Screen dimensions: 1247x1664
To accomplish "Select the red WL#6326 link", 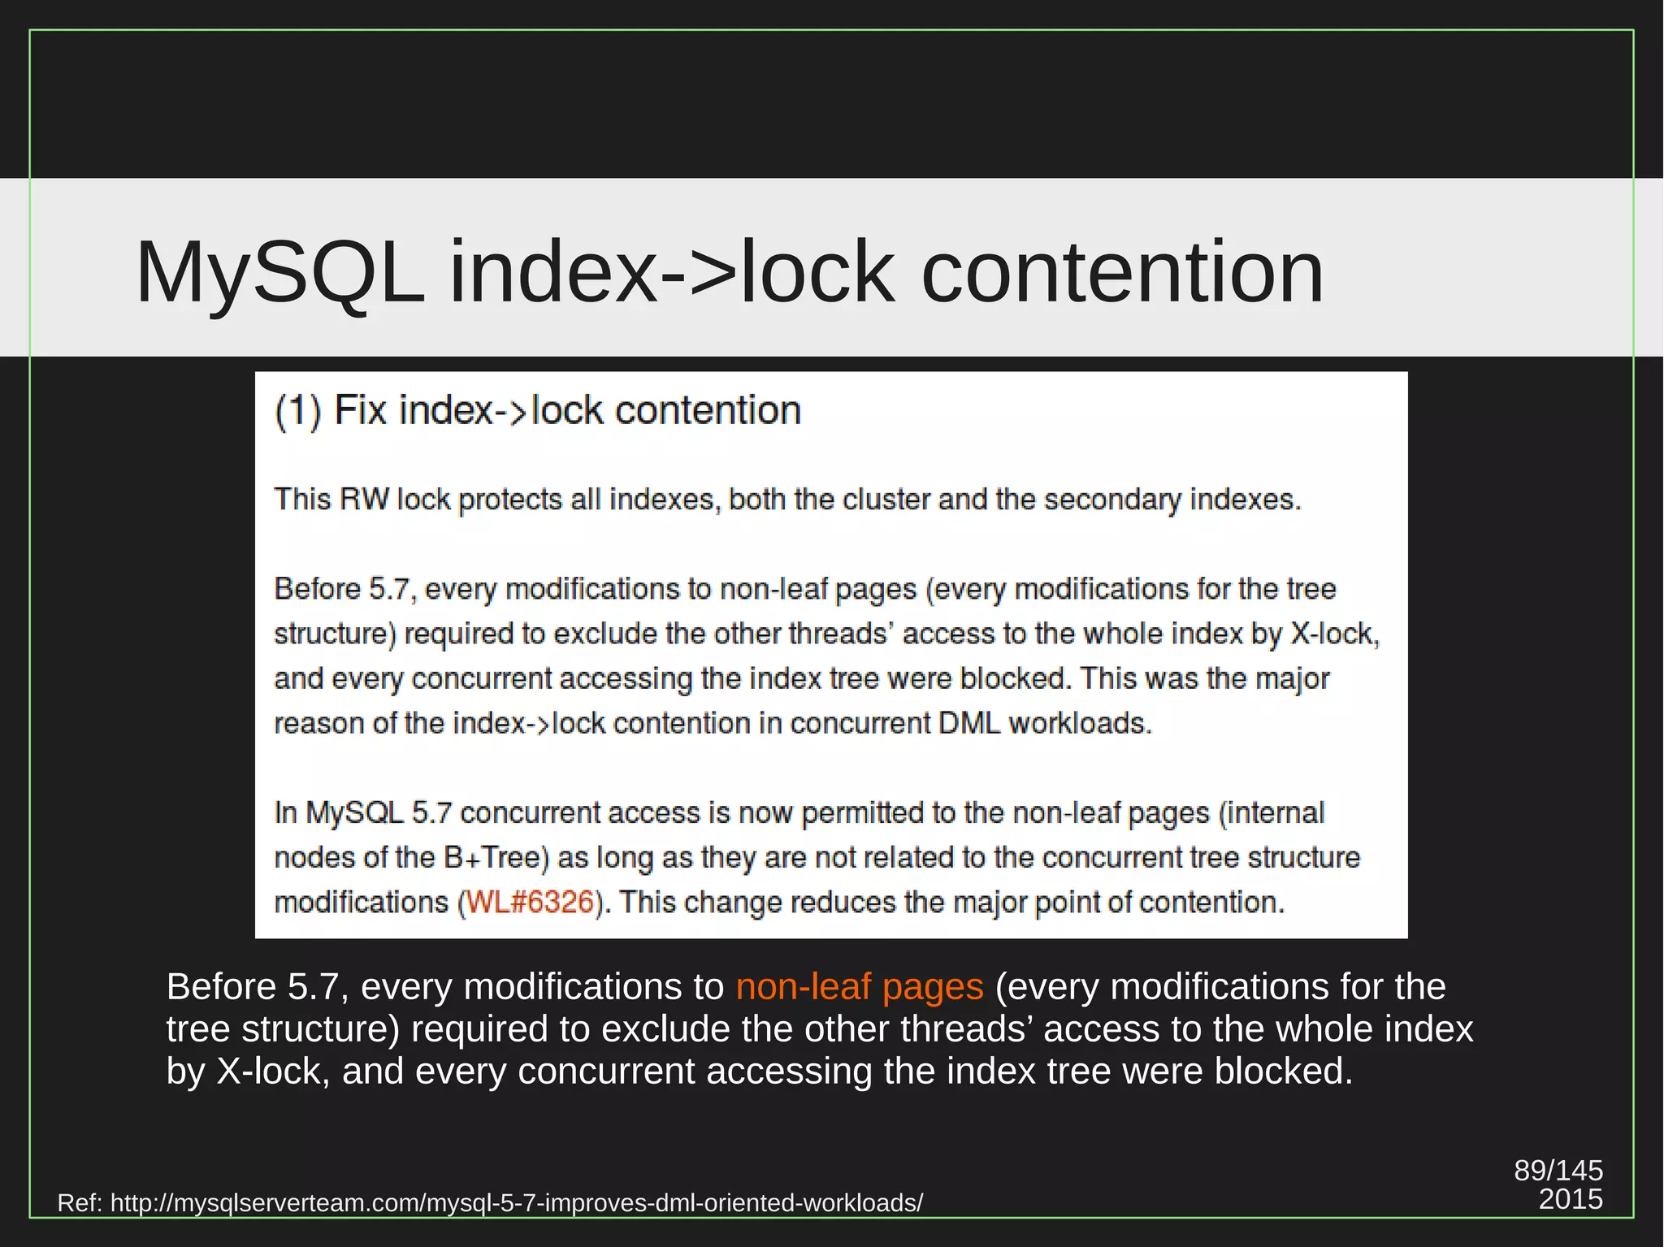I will click(x=531, y=902).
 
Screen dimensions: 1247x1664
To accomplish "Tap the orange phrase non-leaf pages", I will click(x=860, y=986).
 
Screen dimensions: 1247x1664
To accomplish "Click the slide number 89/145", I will click(x=1558, y=1170).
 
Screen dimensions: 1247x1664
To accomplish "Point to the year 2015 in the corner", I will click(x=1571, y=1199).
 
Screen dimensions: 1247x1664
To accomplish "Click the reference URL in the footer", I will click(x=517, y=1203).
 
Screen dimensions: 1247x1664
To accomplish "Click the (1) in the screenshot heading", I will click(x=298, y=410).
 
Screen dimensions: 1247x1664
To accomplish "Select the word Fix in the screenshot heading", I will click(x=360, y=410).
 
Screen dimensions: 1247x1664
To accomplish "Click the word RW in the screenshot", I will click(x=364, y=499).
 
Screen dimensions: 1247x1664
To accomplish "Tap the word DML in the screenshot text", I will click(x=969, y=723).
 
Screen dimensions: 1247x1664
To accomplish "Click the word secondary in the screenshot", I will click(x=1111, y=499).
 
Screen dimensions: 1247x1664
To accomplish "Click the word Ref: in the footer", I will click(x=80, y=1203).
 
